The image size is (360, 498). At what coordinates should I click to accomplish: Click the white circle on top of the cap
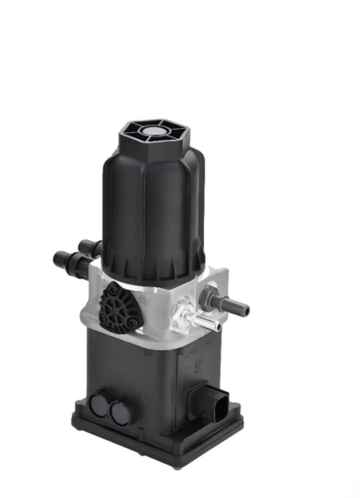coord(155,131)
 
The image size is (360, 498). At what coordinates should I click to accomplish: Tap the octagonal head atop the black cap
coord(155,136)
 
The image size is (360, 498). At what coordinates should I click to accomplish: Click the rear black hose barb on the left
coord(86,248)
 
